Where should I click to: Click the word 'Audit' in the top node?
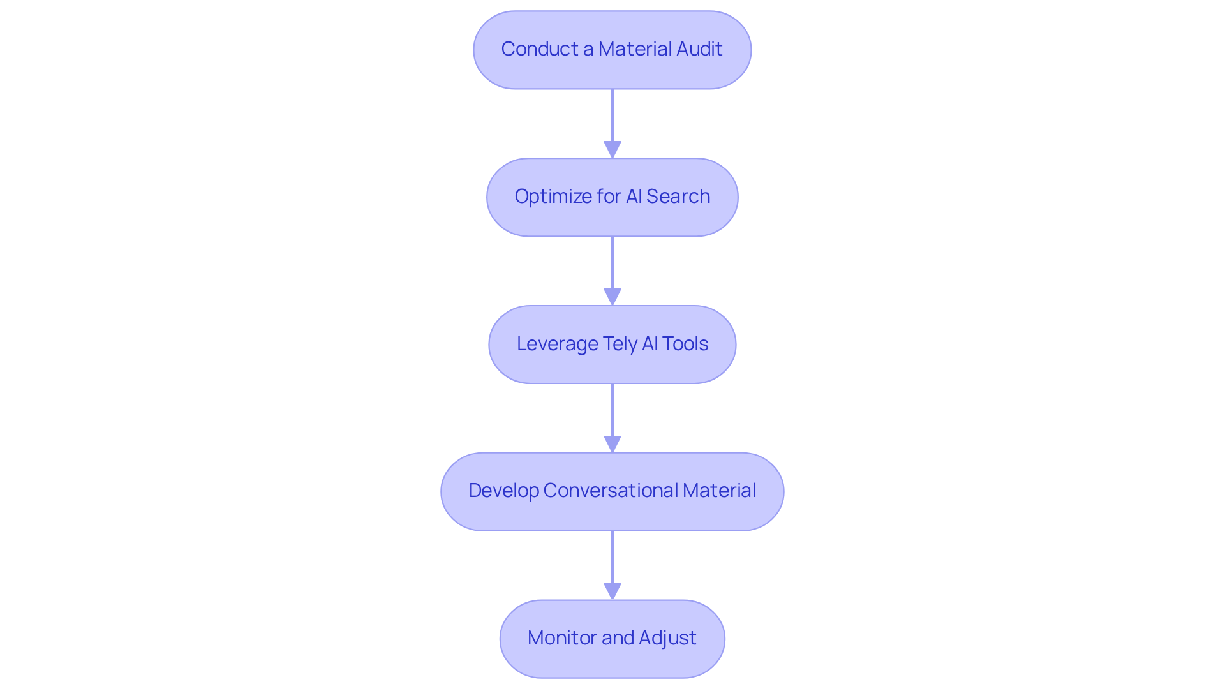point(699,49)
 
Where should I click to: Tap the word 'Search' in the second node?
point(678,197)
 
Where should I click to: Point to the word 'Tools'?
point(685,344)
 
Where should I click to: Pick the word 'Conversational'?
point(611,491)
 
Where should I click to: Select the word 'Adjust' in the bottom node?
point(667,638)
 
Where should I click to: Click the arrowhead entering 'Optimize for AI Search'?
point(612,149)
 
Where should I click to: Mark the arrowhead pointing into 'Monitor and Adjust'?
point(612,591)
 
